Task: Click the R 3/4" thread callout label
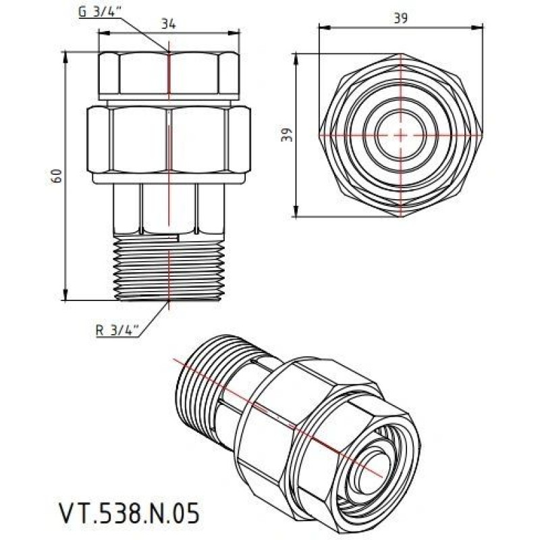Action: pos(117,330)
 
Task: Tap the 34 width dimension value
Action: pos(169,24)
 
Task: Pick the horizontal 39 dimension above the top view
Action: pos(401,19)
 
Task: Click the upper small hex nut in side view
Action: pos(169,74)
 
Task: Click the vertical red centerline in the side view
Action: pos(169,202)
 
